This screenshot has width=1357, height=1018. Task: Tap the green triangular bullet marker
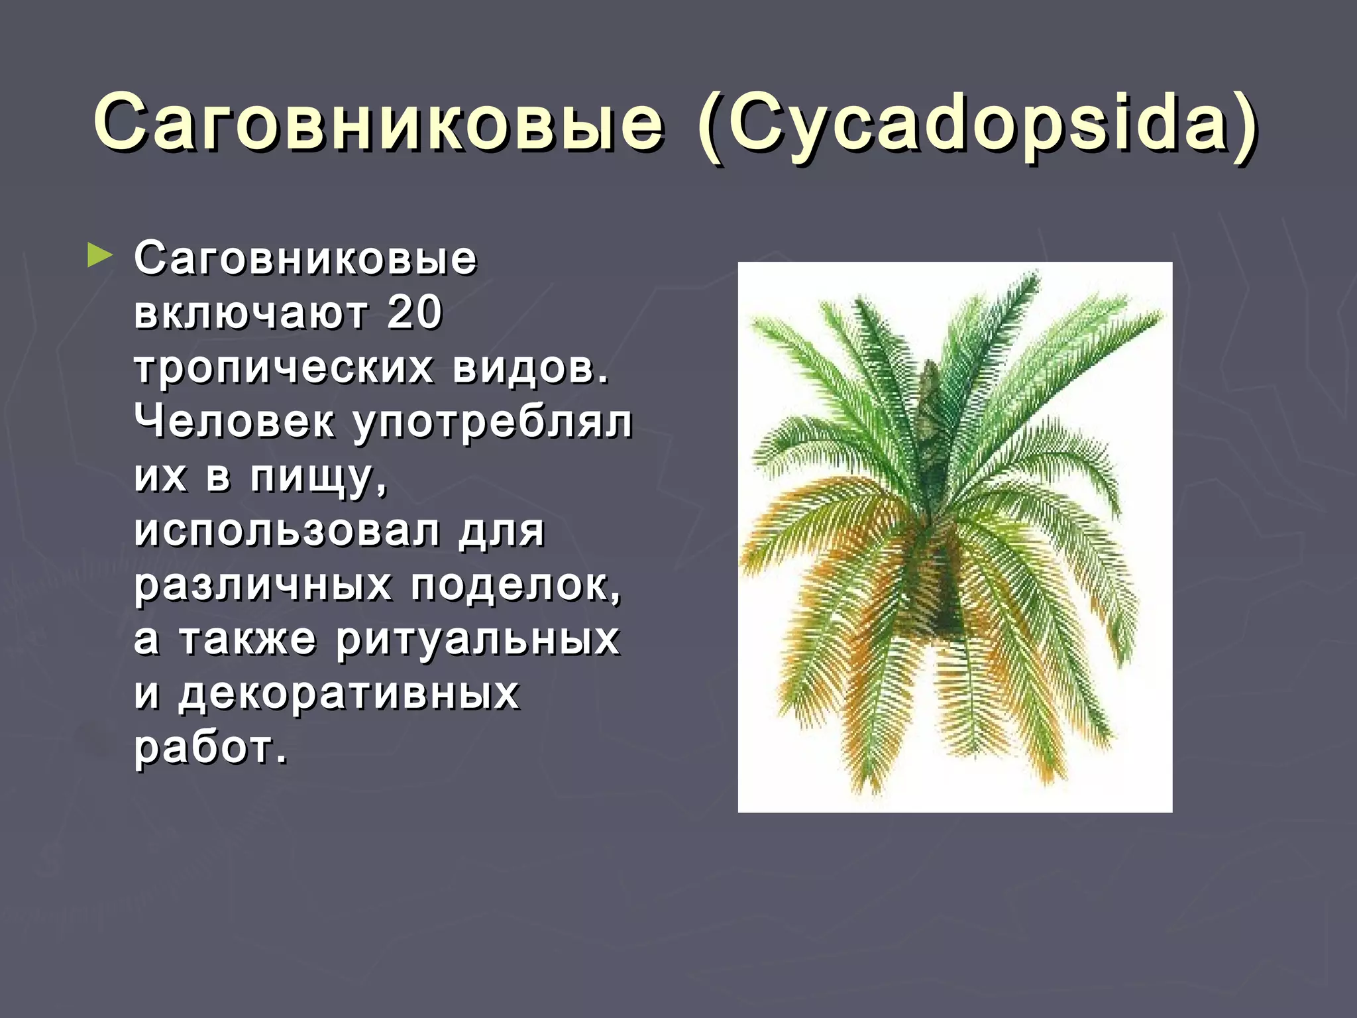[x=99, y=256]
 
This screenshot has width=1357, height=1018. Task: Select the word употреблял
[x=492, y=424]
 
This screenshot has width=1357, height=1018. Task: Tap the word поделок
[x=516, y=586]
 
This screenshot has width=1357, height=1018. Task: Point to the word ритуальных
[x=478, y=641]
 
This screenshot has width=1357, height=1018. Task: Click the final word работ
[x=210, y=749]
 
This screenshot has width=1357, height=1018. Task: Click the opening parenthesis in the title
[x=709, y=126]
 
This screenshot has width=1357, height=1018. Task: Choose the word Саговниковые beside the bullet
[x=305, y=258]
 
